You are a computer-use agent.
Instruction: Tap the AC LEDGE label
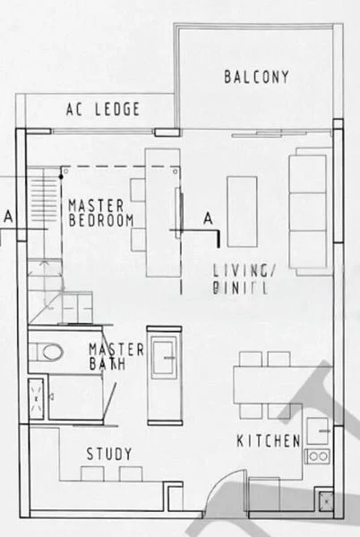[x=104, y=110]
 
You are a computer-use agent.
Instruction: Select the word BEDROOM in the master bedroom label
[x=100, y=219]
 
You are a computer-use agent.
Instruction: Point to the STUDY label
[x=109, y=453]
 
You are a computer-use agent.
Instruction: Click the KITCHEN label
[x=267, y=440]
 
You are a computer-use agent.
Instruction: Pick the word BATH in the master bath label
[x=107, y=364]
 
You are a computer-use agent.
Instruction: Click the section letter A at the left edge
[x=9, y=217]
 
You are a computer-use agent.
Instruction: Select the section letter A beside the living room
[x=207, y=217]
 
